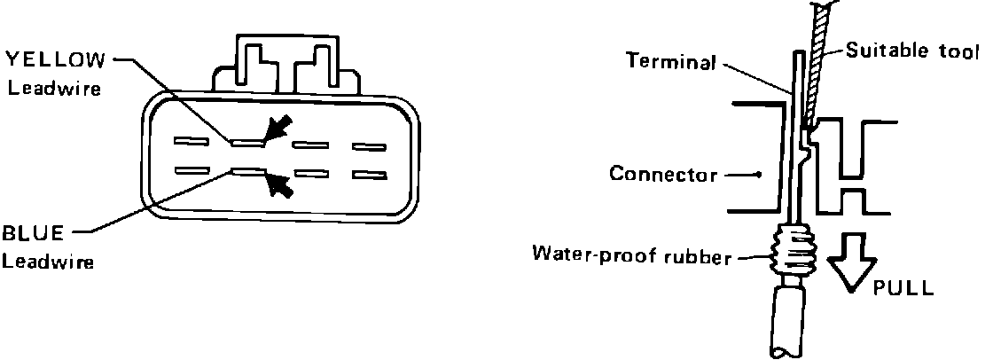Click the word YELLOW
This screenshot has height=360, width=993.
(x=55, y=59)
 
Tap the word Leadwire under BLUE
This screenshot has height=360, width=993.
(x=48, y=262)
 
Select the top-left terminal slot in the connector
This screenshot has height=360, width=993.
(x=191, y=140)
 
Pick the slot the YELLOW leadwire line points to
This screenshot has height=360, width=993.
(x=249, y=140)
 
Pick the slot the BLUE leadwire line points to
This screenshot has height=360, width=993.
(x=249, y=170)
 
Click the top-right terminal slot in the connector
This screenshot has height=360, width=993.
(x=370, y=145)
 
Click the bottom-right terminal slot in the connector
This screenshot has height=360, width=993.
(x=370, y=175)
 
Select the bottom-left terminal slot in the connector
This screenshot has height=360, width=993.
(x=191, y=169)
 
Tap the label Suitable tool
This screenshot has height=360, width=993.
(x=912, y=51)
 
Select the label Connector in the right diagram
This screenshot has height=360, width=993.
(x=663, y=174)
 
